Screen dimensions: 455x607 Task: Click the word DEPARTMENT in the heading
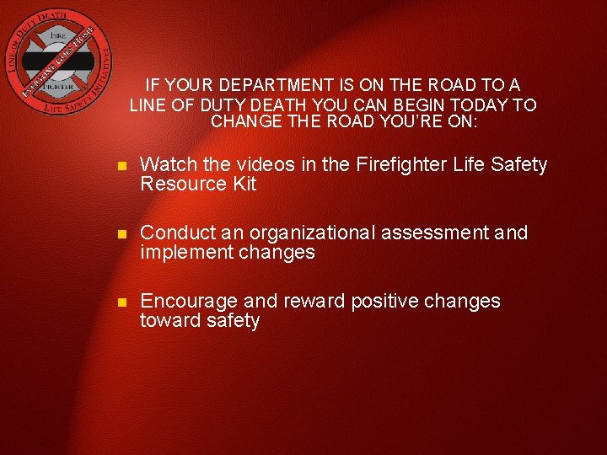(x=270, y=85)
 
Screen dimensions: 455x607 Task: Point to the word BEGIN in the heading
(x=404, y=104)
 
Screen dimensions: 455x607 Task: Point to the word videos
(x=255, y=164)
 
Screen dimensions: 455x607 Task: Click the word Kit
(x=241, y=184)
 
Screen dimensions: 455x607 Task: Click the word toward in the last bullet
(x=169, y=320)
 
